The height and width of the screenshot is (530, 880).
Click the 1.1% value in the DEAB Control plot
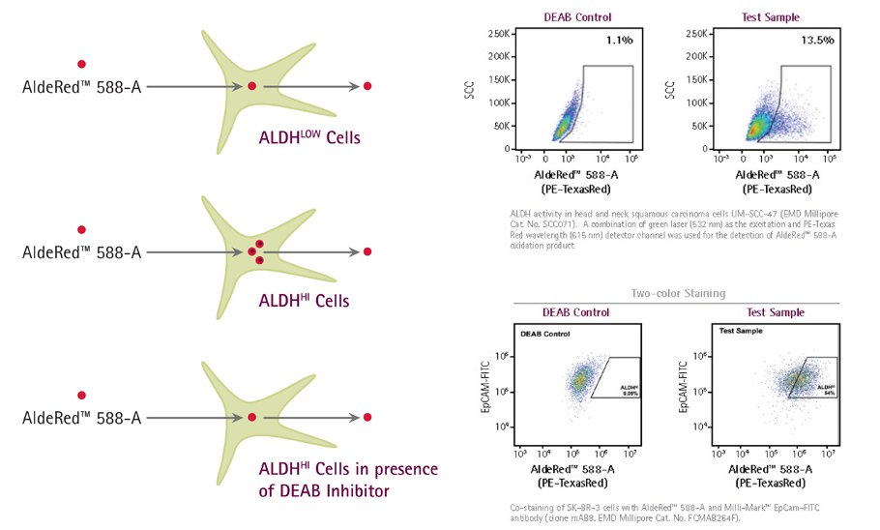[x=619, y=41]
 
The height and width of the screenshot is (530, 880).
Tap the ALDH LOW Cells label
[x=308, y=136]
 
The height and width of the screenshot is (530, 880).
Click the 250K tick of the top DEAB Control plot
[x=499, y=34]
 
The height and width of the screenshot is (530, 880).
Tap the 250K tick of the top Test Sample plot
[x=699, y=34]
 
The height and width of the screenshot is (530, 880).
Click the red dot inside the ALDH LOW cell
[x=251, y=87]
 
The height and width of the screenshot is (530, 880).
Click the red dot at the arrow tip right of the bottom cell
[x=367, y=417]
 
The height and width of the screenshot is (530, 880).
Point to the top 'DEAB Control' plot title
[x=577, y=16]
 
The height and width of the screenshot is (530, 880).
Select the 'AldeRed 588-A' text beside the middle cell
[x=82, y=253]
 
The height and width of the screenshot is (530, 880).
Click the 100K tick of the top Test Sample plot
[x=699, y=103]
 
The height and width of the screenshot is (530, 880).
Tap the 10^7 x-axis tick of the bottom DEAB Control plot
[x=631, y=452]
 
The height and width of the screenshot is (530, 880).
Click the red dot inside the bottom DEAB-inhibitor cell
[x=251, y=417]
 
